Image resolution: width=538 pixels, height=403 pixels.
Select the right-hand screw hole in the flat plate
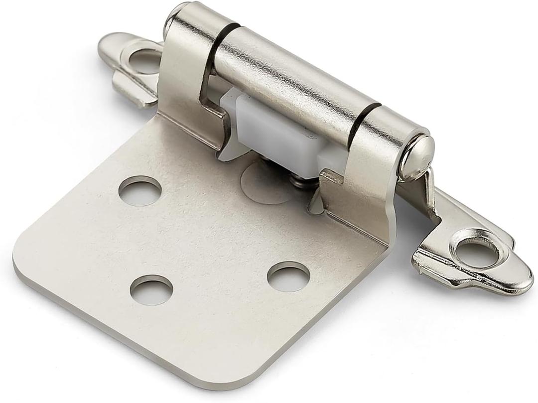pyautogui.click(x=288, y=276)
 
